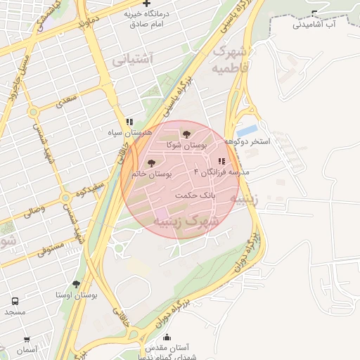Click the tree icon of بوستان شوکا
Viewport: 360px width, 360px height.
pos(186,134)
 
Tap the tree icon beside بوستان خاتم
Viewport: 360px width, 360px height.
pos(151,163)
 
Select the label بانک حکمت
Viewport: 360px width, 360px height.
pos(195,195)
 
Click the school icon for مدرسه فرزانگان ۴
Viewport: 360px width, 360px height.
pos(222,162)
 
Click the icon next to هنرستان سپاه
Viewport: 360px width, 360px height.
pos(129,122)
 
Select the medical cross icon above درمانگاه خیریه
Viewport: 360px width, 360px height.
pos(147,4)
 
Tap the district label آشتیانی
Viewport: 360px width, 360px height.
pos(131,60)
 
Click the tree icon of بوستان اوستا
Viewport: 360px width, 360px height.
pos(76,285)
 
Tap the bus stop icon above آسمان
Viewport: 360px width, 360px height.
pos(27,340)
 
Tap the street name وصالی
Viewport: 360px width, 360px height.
pos(35,209)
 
